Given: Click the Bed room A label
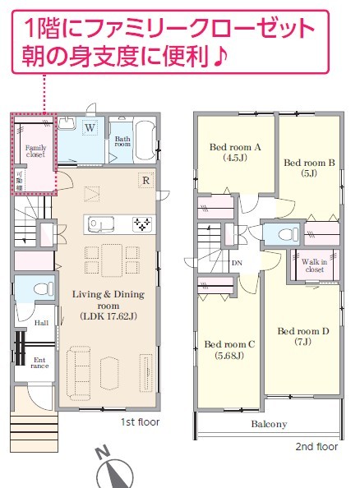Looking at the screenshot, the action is pyautogui.click(x=235, y=152).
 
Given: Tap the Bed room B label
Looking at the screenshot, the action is pyautogui.click(x=309, y=168).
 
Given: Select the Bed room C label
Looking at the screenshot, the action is pyautogui.click(x=229, y=349).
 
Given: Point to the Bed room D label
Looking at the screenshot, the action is pyautogui.click(x=303, y=336).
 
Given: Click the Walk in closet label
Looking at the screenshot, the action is pyautogui.click(x=314, y=265).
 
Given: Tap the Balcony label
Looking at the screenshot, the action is pyautogui.click(x=269, y=424).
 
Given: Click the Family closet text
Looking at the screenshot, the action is pyautogui.click(x=36, y=151).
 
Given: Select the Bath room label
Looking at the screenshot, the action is pyautogui.click(x=122, y=141).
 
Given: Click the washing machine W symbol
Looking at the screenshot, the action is pyautogui.click(x=90, y=127).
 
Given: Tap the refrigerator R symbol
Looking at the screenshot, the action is pyautogui.click(x=145, y=180).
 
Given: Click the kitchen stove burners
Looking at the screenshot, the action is pyautogui.click(x=142, y=224).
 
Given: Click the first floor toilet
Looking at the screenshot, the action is pyautogui.click(x=43, y=289).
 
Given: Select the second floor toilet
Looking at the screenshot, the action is pyautogui.click(x=288, y=234).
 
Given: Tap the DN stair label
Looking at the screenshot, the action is pyautogui.click(x=237, y=263).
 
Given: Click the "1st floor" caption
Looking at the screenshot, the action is pyautogui.click(x=141, y=422).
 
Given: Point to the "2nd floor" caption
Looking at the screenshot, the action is pyautogui.click(x=316, y=447).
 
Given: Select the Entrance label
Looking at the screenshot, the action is pyautogui.click(x=39, y=363).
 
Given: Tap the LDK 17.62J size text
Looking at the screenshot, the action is pyautogui.click(x=108, y=316).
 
